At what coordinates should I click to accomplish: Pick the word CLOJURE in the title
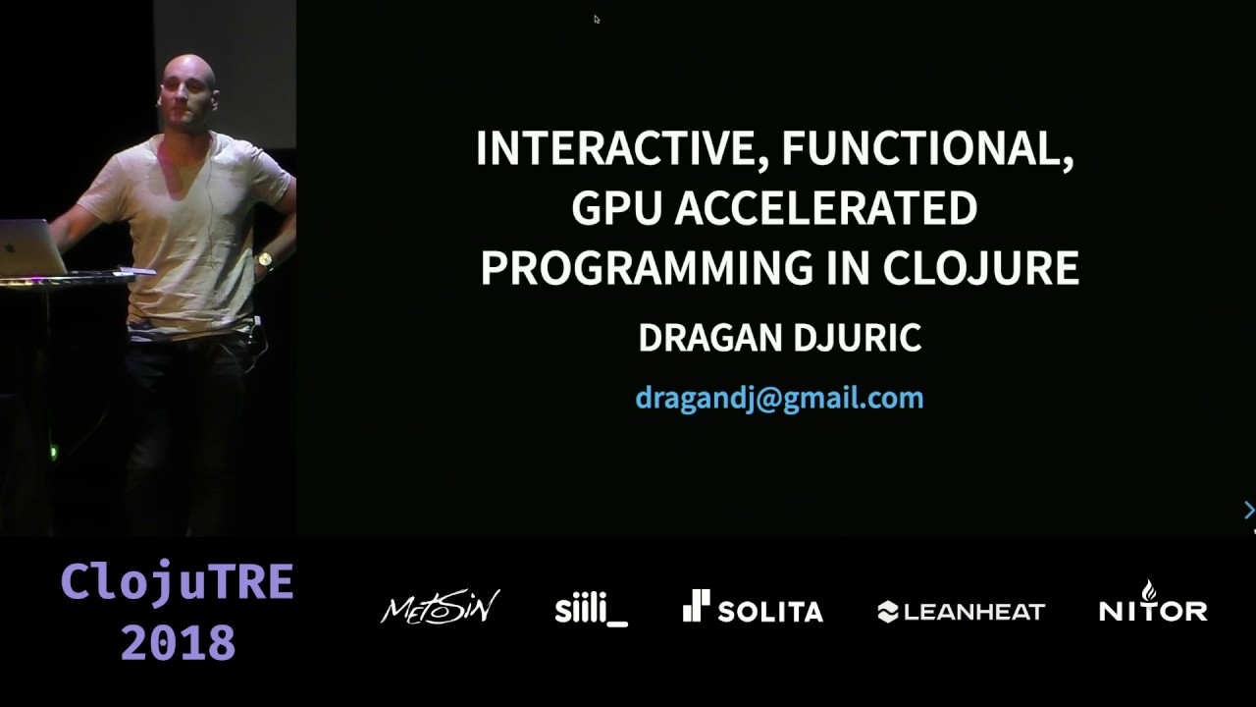980,267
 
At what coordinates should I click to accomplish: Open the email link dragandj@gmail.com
779,398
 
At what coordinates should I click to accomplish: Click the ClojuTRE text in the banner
178,582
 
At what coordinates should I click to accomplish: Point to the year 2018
178,643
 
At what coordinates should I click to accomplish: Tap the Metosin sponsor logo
440,608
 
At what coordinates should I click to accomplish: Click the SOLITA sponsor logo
753,608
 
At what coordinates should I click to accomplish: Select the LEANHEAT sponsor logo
961,612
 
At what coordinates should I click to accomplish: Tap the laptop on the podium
30,246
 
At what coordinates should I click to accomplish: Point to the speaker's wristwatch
264,261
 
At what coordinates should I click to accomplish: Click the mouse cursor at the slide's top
596,19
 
